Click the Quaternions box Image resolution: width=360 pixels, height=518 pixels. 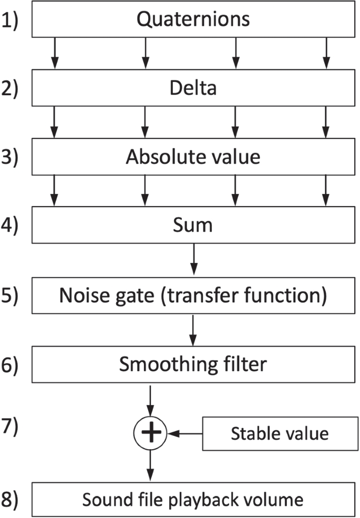tap(193, 20)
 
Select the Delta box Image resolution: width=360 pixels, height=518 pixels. tap(193, 89)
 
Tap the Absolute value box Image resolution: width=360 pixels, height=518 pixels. tap(193, 157)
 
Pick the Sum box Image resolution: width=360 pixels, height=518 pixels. tap(193, 226)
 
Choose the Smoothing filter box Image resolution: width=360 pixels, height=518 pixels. tap(193, 364)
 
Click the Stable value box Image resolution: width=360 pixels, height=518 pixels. tap(280, 433)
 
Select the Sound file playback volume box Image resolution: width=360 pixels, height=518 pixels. tap(193, 499)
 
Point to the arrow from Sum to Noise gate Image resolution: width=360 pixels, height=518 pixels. tap(194, 261)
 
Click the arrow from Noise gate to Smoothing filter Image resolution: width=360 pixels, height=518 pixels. tap(194, 330)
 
